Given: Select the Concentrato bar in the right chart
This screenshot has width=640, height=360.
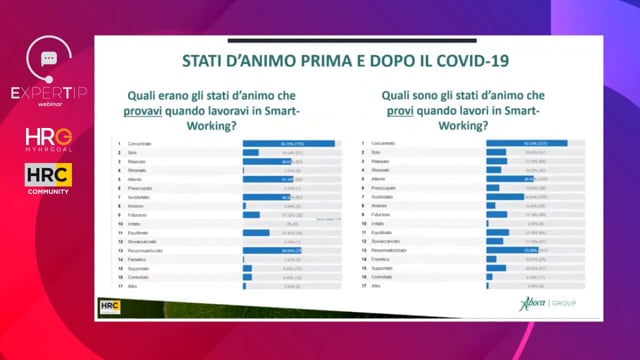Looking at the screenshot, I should [526, 143].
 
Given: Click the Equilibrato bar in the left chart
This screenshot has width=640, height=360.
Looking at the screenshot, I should [256, 232].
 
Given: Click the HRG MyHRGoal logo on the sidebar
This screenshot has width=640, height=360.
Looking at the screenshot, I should [48, 139].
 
